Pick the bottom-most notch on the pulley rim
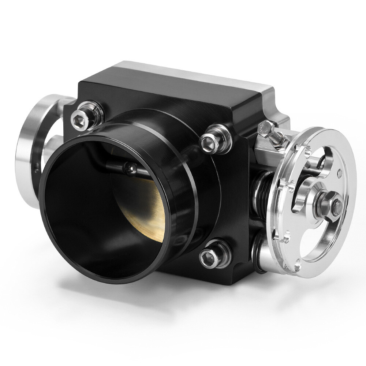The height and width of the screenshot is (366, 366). pos(298,262)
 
